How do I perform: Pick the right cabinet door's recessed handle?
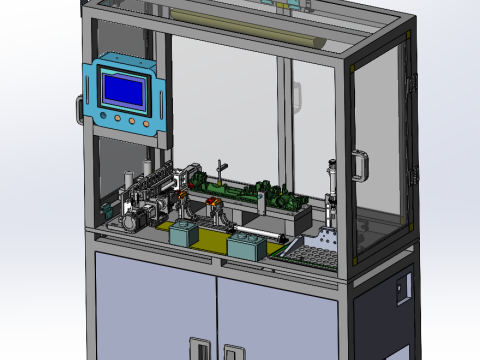click(234, 352)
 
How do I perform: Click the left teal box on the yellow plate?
click(183, 234)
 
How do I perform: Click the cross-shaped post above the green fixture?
click(222, 166)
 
